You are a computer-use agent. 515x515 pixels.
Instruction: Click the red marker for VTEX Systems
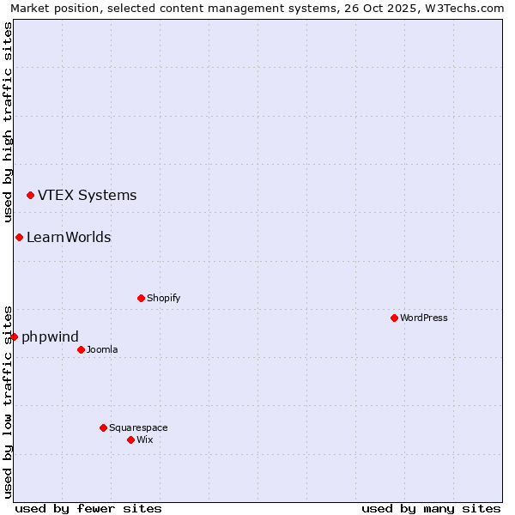pyautogui.click(x=30, y=196)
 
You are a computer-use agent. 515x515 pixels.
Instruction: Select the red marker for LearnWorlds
pyautogui.click(x=19, y=238)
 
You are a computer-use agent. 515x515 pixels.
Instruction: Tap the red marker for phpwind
pyautogui.click(x=14, y=336)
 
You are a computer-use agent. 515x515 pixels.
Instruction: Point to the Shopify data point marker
pyautogui.click(x=141, y=299)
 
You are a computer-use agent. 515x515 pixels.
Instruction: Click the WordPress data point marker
pyautogui.click(x=394, y=318)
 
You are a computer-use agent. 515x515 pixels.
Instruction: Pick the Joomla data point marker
pyautogui.click(x=81, y=349)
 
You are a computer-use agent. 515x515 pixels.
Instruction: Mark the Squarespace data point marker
pyautogui.click(x=103, y=427)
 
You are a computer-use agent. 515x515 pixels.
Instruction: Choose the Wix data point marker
pyautogui.click(x=130, y=439)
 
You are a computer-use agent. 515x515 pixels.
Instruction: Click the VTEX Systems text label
pyautogui.click(x=87, y=195)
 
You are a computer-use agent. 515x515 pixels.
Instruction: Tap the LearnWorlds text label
pyautogui.click(x=69, y=238)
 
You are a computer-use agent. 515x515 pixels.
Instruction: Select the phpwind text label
pyautogui.click(x=50, y=336)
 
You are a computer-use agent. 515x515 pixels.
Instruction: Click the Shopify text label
pyautogui.click(x=163, y=299)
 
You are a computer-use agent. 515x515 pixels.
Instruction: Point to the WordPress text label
pyautogui.click(x=423, y=318)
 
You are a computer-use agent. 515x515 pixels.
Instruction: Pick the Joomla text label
pyautogui.click(x=102, y=349)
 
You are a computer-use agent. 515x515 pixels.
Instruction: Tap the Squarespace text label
pyautogui.click(x=138, y=427)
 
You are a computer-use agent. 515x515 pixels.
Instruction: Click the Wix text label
pyautogui.click(x=144, y=439)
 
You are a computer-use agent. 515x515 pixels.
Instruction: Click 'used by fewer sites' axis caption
pyautogui.click(x=88, y=508)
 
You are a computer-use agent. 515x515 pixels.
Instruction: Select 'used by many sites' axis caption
pyautogui.click(x=431, y=508)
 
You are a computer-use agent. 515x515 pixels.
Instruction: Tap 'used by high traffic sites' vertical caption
pyautogui.click(x=9, y=123)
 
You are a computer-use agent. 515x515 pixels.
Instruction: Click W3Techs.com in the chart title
pyautogui.click(x=461, y=8)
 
